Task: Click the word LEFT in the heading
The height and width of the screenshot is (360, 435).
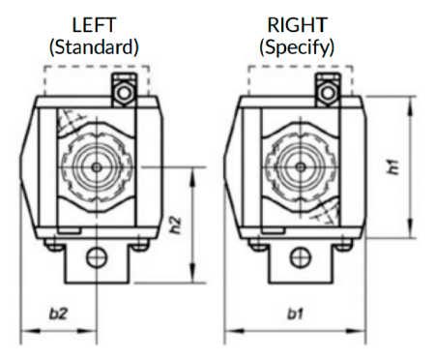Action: click(94, 25)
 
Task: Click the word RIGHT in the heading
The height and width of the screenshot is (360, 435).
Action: click(298, 25)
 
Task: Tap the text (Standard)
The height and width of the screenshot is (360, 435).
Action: click(94, 47)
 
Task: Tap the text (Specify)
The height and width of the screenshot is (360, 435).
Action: click(297, 47)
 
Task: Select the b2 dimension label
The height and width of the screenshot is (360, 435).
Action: click(59, 314)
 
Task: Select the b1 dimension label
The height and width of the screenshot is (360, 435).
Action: click(296, 314)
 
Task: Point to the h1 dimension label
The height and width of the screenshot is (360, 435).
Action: click(393, 167)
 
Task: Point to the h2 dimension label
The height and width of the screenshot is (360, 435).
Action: click(176, 225)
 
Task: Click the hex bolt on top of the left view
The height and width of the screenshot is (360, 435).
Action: click(124, 93)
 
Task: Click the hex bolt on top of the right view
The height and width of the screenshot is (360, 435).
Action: click(328, 93)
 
